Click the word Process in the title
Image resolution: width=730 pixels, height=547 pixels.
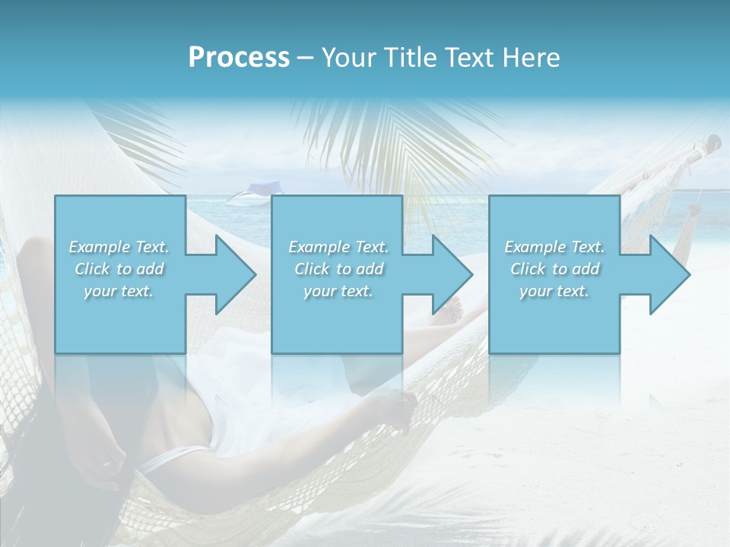point(239,58)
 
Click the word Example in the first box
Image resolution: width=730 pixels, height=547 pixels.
point(100,247)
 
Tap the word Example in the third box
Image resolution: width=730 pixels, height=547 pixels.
point(535,247)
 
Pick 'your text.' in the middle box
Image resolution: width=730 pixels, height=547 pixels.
point(338,291)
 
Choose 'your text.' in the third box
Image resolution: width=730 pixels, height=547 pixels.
point(554,291)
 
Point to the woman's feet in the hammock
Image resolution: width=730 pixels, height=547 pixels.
point(453,308)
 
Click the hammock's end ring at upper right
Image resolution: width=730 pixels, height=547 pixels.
point(713,141)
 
